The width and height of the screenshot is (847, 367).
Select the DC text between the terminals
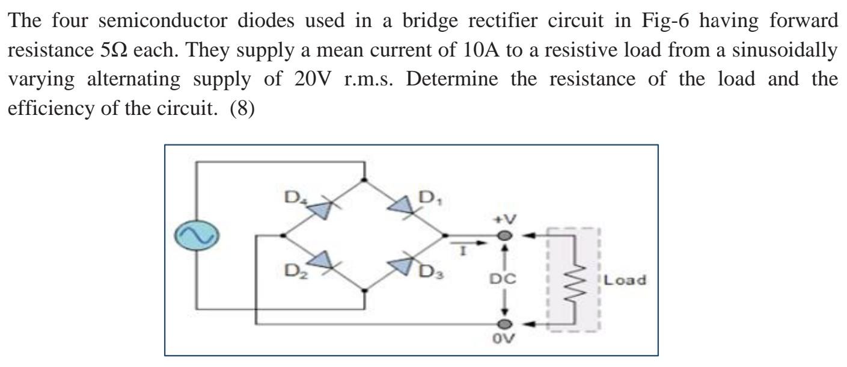[x=504, y=281]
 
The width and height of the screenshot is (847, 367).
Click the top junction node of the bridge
[x=365, y=179]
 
